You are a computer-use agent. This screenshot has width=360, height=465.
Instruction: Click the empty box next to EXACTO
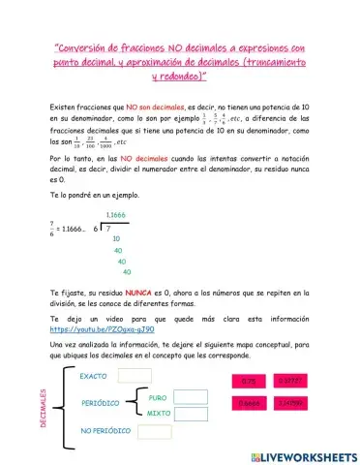[135, 376]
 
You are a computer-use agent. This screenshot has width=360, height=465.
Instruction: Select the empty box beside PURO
[193, 397]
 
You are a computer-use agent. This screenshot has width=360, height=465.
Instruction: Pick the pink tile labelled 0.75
[248, 382]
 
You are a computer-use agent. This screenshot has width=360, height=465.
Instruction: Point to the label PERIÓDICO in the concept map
[100, 402]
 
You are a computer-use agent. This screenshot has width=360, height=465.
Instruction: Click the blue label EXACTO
[94, 376]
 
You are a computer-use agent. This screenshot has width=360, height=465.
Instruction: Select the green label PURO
[158, 397]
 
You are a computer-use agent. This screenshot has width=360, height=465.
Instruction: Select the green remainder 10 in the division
[117, 237]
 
